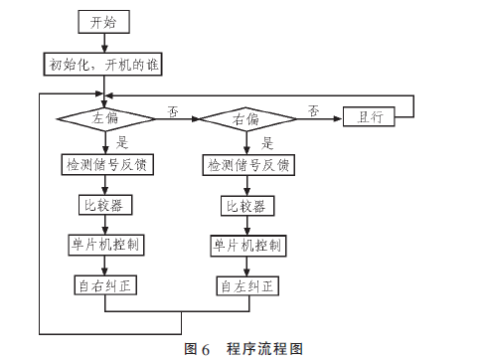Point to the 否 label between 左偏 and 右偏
[173, 111]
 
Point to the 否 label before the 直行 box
[313, 110]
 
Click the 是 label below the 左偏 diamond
[122, 142]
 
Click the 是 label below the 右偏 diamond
[267, 143]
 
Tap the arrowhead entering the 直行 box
[338, 118]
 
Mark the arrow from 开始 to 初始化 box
[104, 43]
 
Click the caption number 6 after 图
[206, 350]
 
